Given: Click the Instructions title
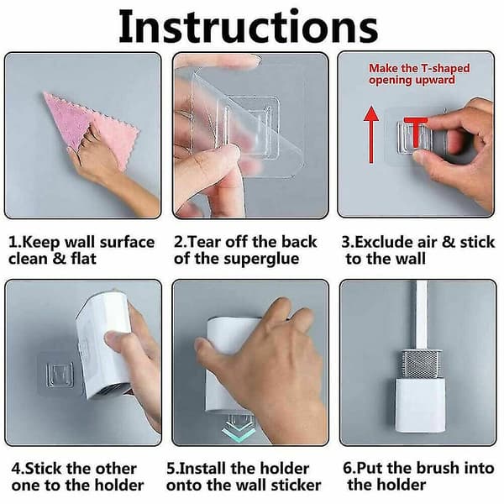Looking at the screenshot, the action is (248, 27).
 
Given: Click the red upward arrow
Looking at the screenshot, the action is (371, 134).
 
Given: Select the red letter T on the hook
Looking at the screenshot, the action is (416, 132).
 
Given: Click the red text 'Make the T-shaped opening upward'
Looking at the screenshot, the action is (419, 74).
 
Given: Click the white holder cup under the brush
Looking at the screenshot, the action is (420, 406).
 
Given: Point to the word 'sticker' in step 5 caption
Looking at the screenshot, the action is (296, 485).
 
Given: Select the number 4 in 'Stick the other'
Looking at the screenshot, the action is (16, 469).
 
